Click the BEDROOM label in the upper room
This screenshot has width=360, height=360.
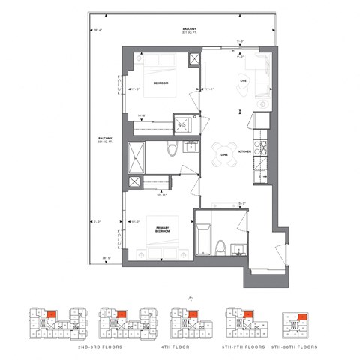[160, 83]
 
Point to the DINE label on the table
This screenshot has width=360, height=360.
[223, 155]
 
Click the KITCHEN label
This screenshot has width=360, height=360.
[244, 151]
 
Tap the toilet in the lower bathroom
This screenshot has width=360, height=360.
[221, 246]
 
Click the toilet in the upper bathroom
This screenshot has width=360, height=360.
[172, 151]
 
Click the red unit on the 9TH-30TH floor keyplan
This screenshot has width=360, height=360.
[300, 317]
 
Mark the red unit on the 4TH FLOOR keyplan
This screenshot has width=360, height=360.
[192, 313]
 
